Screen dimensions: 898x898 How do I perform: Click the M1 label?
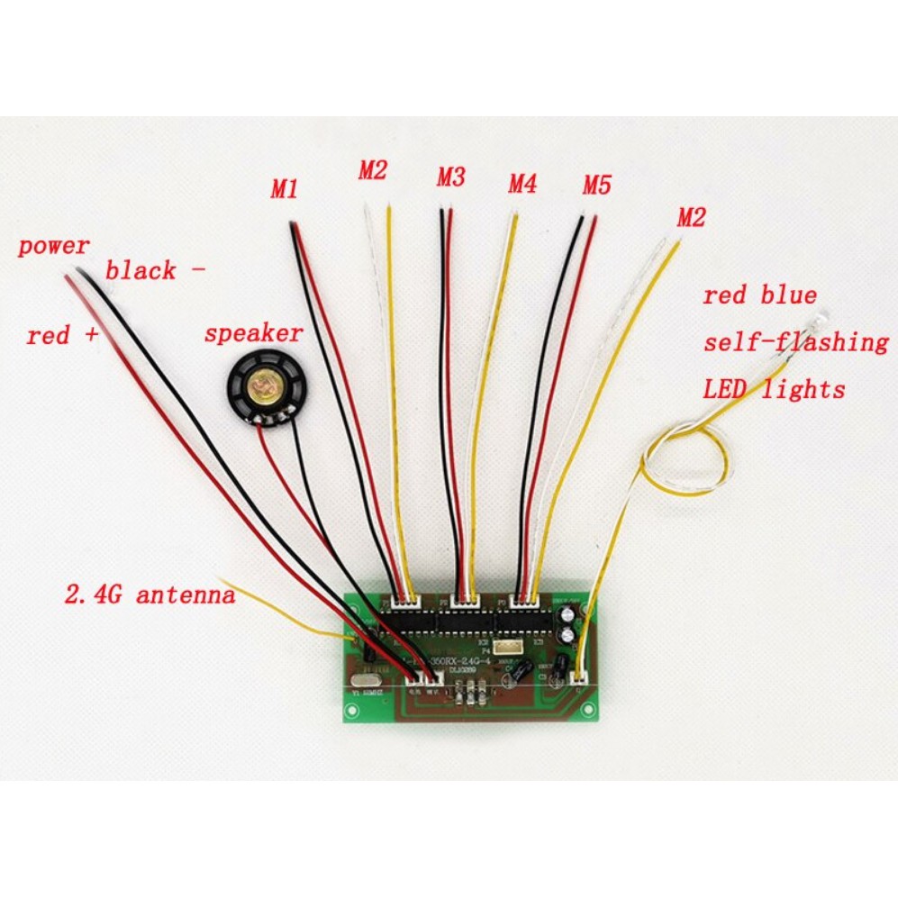tap(285, 190)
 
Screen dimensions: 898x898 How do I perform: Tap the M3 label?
tap(450, 177)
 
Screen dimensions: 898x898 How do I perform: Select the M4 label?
tap(522, 185)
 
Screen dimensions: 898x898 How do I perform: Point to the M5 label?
tap(596, 186)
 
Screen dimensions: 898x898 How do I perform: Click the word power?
tap(54, 246)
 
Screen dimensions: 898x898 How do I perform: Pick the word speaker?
tap(253, 333)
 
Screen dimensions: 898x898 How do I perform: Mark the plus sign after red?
tap(89, 336)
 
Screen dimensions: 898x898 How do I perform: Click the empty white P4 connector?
tap(508, 648)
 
